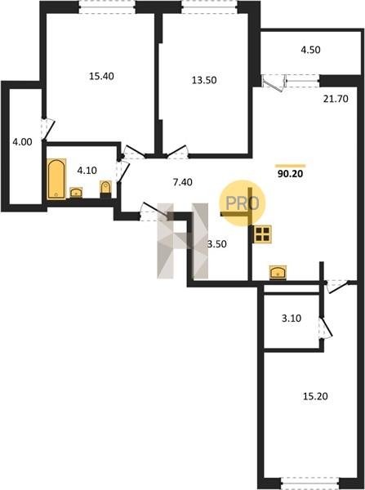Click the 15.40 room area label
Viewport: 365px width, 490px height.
[x=101, y=76]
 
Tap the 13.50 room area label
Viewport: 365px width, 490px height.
[x=204, y=80]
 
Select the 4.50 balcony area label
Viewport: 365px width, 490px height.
[x=310, y=50]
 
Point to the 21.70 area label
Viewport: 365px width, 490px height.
[x=336, y=99]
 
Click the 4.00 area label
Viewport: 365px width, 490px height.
[x=22, y=142]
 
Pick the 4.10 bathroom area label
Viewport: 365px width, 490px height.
[x=87, y=171]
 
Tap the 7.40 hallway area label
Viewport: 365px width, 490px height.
[x=183, y=182]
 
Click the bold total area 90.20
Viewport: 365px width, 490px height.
[x=291, y=174]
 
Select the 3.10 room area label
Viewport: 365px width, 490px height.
[x=292, y=318]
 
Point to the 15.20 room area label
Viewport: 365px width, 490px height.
[x=315, y=397]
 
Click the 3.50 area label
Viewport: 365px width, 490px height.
[x=217, y=244]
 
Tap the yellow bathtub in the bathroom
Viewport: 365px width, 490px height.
[x=56, y=179]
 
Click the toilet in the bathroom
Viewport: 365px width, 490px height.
[x=105, y=189]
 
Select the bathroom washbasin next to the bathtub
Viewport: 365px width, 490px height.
[x=76, y=192]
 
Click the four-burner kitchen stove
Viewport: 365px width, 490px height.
[x=262, y=234]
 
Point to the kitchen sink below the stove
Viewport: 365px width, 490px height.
[x=278, y=272]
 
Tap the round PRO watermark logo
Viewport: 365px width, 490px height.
[x=243, y=203]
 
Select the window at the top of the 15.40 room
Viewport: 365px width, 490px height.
[x=107, y=7]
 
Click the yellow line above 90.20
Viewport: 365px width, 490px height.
[x=291, y=166]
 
